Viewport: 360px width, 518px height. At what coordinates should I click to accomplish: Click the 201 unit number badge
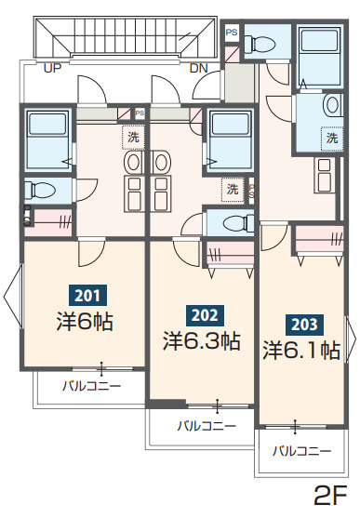point(87,295)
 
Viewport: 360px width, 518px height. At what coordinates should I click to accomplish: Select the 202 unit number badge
point(205,316)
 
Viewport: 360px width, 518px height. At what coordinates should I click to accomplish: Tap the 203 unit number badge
point(304,325)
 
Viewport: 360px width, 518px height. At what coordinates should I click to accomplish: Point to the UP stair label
point(53,68)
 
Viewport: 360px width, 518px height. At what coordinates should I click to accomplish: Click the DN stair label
point(199,68)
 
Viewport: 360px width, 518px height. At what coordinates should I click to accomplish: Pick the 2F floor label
point(330,496)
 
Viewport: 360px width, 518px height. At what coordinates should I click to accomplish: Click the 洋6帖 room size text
point(85,322)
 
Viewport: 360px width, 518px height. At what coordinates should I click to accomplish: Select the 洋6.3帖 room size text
point(202,341)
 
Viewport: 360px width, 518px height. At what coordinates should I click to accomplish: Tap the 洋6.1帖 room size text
point(301,350)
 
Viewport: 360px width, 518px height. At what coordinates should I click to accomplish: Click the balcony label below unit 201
point(92,385)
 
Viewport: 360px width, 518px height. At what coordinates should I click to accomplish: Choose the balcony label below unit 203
point(301,451)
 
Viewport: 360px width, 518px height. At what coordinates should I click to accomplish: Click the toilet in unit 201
point(40,190)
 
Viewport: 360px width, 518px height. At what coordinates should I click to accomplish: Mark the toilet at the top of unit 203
point(260,44)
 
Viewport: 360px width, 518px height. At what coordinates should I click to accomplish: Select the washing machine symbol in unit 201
point(134,138)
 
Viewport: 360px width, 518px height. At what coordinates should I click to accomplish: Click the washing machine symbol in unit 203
point(331,138)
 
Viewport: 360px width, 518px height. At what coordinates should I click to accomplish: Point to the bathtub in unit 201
point(47,139)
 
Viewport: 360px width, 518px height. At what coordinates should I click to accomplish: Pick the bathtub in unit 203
point(319,55)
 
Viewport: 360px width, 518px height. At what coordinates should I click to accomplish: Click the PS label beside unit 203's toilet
point(232,33)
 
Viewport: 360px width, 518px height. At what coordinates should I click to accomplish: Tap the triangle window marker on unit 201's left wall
point(13,297)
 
